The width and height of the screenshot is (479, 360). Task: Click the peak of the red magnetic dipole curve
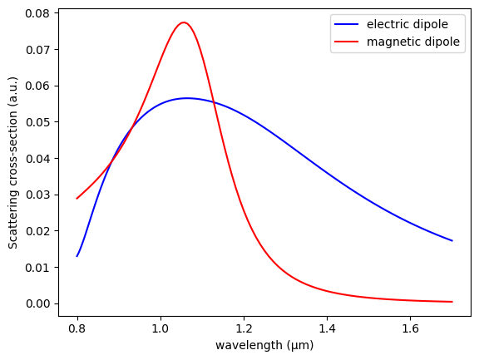(184, 22)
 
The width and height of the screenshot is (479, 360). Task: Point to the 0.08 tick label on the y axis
(38, 13)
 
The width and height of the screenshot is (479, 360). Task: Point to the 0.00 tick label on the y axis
(38, 303)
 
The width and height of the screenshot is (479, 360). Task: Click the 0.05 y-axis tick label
(38, 122)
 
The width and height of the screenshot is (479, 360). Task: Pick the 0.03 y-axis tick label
(38, 195)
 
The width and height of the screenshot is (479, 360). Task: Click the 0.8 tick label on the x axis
(77, 328)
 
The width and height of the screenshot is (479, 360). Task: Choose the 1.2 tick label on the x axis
(244, 328)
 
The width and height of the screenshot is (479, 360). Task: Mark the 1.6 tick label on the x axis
(410, 328)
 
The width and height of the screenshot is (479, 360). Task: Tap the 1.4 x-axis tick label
(327, 328)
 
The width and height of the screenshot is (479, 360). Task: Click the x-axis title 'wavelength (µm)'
(264, 345)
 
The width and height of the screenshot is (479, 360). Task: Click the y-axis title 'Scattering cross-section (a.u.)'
(13, 163)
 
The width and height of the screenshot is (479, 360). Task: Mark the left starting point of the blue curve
(77, 256)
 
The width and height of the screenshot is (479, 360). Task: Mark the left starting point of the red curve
(77, 199)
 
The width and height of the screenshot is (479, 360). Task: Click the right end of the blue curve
(452, 241)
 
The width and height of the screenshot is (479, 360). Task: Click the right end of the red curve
(452, 302)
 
